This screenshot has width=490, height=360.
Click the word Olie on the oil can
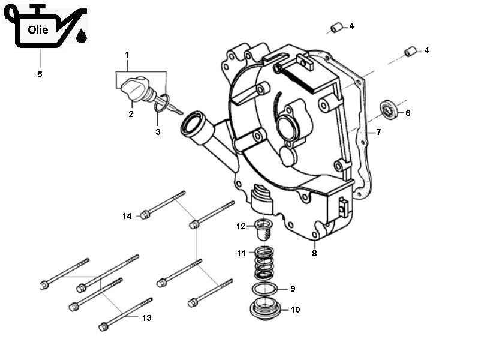[x=38, y=30]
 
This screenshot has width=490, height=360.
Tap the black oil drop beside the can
[x=81, y=38]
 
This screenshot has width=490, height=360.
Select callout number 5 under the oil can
[x=40, y=74]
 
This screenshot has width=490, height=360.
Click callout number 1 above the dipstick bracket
[x=127, y=55]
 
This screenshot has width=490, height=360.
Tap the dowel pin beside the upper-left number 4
[x=336, y=28]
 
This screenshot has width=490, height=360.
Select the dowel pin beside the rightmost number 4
[x=410, y=52]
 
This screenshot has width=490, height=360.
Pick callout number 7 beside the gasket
[x=378, y=132]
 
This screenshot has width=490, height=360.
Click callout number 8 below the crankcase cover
[x=314, y=253]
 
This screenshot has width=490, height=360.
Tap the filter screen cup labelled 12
[x=263, y=229]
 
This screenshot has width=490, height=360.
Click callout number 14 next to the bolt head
[x=127, y=216]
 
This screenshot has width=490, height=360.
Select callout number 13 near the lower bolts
[x=147, y=318]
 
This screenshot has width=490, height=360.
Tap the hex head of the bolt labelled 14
[x=145, y=214]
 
